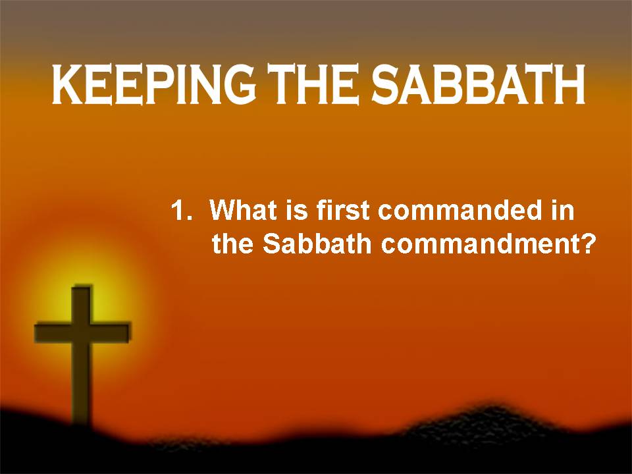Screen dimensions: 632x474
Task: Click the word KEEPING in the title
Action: pos(153,85)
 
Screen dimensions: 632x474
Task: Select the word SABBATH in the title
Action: pos(478,85)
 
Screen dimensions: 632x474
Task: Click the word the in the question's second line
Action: pos(232,243)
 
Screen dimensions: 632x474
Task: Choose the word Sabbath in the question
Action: pos(317,243)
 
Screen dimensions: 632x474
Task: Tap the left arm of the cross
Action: pos(53,332)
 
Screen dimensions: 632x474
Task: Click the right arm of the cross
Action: pos(112,332)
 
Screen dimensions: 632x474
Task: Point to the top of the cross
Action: pos(82,287)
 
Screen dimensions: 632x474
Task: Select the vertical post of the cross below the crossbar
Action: pos(82,383)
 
